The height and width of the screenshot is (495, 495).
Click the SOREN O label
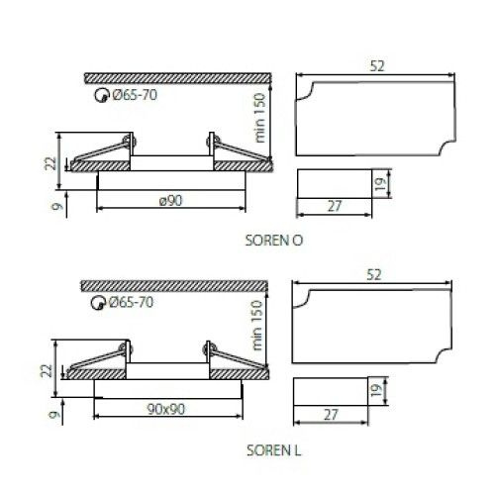click(x=274, y=241)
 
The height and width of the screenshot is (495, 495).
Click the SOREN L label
click(x=274, y=450)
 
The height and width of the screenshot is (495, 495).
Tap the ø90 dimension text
click(x=170, y=200)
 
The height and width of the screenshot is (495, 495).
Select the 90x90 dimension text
click(x=166, y=409)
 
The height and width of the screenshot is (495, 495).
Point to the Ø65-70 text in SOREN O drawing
click(x=135, y=95)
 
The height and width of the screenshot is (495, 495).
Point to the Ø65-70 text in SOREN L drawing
click(x=131, y=302)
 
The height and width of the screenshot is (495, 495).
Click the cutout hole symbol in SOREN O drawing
click(x=102, y=96)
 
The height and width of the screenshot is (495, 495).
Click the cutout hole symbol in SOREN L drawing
click(x=98, y=303)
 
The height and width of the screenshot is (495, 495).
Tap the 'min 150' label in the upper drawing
click(x=259, y=118)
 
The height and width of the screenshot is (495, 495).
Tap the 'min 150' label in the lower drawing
click(x=256, y=325)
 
